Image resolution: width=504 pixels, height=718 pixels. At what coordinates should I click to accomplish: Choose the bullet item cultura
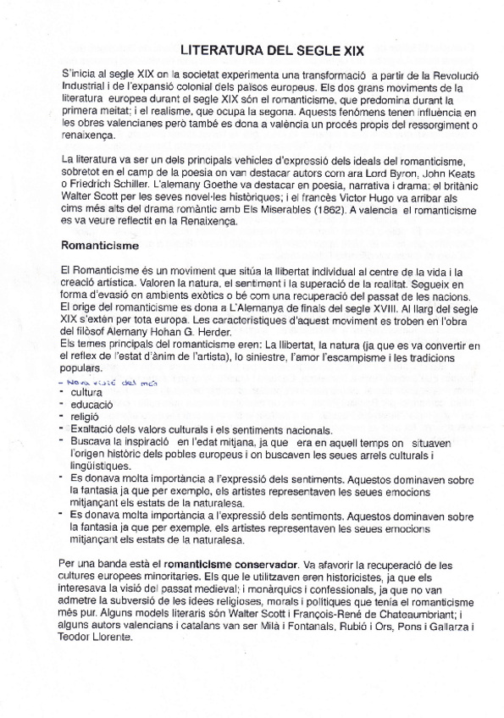[87, 393]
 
